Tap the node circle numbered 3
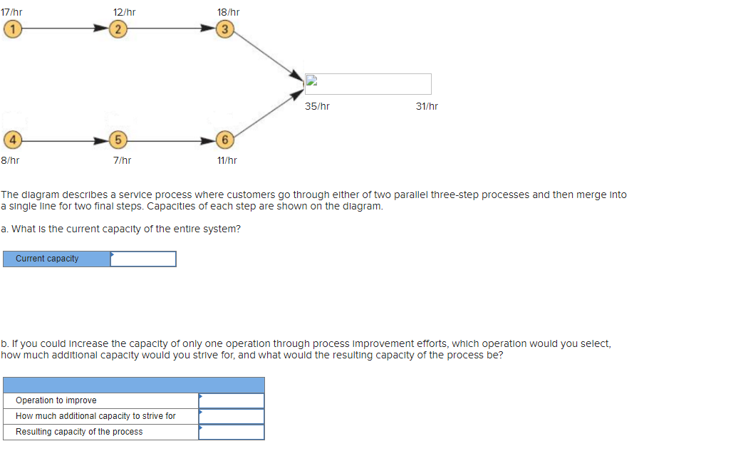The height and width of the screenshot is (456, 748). pos(225,29)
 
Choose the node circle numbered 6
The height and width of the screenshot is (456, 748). pos(225,138)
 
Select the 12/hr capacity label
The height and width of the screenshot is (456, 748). pos(124,12)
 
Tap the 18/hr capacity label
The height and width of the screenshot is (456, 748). pos(228,12)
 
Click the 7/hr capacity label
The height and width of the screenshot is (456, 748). pos(122,160)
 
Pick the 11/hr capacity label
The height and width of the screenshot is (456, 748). pos(227,160)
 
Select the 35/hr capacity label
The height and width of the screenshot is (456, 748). pos(317,106)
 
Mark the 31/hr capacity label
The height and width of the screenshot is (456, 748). pos(427,106)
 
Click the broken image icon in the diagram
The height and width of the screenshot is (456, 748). pos(311,81)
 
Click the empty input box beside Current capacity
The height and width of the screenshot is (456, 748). pos(143,259)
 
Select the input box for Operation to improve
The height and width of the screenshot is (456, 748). pos(232,400)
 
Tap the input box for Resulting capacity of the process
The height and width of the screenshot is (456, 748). pos(232,432)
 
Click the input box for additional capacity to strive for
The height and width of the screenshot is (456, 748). pos(232,416)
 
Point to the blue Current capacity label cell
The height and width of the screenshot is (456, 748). pos(56,259)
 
